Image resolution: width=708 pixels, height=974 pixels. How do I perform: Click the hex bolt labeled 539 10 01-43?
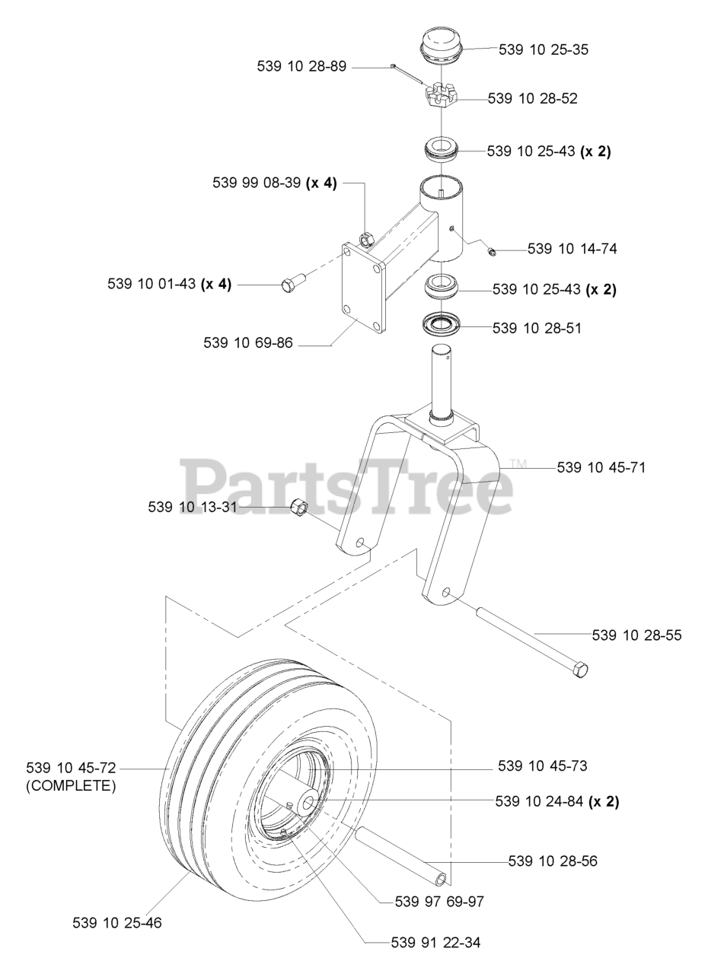pyautogui.click(x=295, y=282)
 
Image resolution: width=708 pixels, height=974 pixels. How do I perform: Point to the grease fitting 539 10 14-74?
pyautogui.click(x=492, y=251)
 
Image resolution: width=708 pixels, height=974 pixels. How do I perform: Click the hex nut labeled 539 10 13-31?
pyautogui.click(x=299, y=506)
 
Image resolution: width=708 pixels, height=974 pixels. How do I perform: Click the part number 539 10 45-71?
pyautogui.click(x=601, y=467)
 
